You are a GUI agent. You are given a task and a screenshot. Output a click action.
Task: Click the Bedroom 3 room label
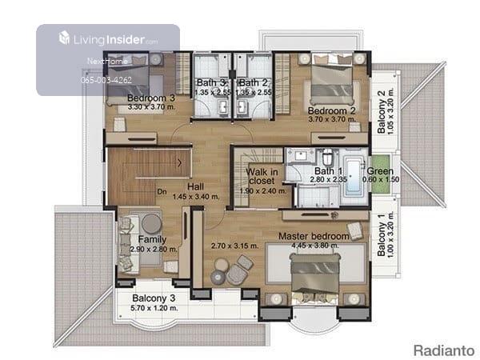pyautogui.click(x=151, y=98)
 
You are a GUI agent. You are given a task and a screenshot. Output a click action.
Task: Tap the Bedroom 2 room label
pyautogui.click(x=332, y=110)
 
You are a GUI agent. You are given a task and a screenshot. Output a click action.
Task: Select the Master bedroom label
pyautogui.click(x=314, y=236)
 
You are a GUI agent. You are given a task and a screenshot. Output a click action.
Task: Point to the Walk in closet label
pyautogui.click(x=262, y=176)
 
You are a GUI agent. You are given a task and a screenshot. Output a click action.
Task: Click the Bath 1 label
pyautogui.click(x=328, y=171)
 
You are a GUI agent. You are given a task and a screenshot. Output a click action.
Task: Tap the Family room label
pyautogui.click(x=152, y=239)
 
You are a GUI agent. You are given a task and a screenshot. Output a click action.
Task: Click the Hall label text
pyautogui.click(x=196, y=186)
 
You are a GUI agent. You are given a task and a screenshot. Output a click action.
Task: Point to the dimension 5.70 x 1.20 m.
pyautogui.click(x=154, y=308)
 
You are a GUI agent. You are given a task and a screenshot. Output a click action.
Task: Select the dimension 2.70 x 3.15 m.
pyautogui.click(x=234, y=246)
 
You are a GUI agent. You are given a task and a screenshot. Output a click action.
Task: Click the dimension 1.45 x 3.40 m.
pyautogui.click(x=196, y=197)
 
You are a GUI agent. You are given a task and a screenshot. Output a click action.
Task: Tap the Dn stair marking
pyautogui.click(x=162, y=192)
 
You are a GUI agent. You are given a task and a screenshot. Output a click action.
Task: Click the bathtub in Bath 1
pyautogui.click(x=354, y=176)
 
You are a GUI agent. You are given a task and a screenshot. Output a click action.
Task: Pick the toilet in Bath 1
pyautogui.click(x=328, y=157)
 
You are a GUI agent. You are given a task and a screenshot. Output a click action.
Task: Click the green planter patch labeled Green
pyautogui.click(x=380, y=174)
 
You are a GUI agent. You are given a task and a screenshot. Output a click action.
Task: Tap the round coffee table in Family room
pyautogui.click(x=151, y=224)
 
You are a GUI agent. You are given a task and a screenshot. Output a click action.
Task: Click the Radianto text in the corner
pyautogui.click(x=444, y=350)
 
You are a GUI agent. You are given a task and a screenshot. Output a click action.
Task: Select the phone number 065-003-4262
pyautogui.click(x=106, y=80)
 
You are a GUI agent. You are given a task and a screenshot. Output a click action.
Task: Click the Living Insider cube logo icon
pyautogui.click(x=64, y=38)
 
